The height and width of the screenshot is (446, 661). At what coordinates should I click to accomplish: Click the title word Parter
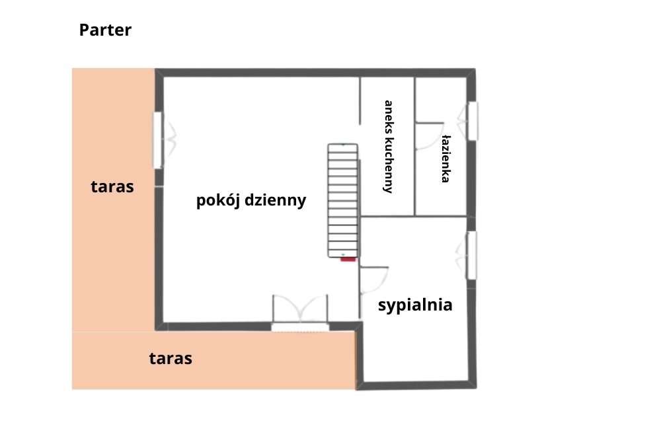[105, 30]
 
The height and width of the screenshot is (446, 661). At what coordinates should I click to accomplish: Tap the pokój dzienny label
[251, 201]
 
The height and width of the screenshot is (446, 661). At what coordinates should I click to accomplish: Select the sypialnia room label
[415, 305]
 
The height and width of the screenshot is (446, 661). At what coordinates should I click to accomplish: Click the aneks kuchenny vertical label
[389, 146]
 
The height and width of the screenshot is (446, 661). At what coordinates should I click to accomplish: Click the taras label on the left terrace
[112, 187]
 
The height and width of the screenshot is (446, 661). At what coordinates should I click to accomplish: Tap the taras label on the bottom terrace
[171, 359]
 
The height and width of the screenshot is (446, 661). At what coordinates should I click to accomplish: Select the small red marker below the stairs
[348, 260]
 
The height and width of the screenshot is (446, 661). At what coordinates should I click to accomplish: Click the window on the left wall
[159, 139]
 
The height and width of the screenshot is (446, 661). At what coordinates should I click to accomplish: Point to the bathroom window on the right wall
[472, 120]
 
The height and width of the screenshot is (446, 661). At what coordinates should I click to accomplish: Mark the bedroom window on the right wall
[471, 255]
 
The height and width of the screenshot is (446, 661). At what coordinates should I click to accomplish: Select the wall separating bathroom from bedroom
[416, 215]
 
